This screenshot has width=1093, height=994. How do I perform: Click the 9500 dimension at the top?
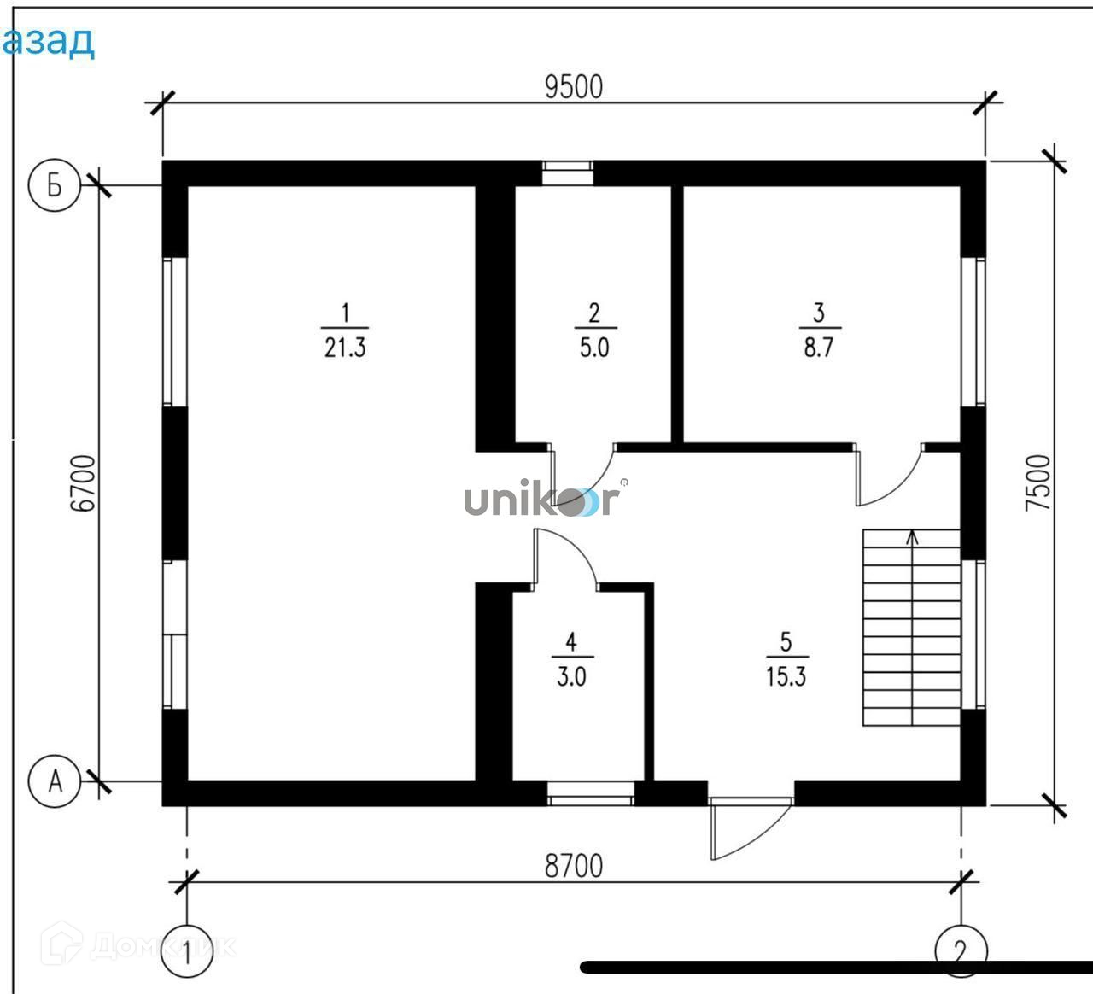574,87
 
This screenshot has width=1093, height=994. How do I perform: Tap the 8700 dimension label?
574,866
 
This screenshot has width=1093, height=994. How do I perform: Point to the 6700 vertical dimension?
83,482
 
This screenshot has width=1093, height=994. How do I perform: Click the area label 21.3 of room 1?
345,348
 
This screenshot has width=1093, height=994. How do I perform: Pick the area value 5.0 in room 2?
593,348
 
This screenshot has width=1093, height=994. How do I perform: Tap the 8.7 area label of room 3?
818,348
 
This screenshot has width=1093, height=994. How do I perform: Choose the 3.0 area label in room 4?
571,677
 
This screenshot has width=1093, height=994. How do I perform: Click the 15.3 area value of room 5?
786,677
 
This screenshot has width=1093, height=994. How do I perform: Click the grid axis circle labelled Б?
55,185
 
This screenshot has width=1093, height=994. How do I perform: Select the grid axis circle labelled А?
55,781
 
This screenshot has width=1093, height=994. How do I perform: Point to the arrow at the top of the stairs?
913,537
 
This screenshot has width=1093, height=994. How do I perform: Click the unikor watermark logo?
540,500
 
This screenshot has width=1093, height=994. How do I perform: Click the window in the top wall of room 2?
568,172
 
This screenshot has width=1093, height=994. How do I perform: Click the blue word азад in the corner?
49,40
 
